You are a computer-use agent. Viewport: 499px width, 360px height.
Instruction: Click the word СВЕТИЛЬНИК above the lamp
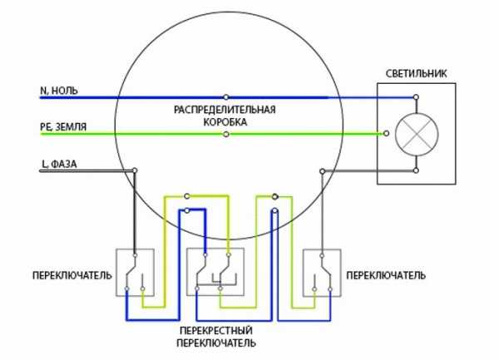coord(415,73)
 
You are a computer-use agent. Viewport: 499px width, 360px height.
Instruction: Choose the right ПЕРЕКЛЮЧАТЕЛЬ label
coord(386,273)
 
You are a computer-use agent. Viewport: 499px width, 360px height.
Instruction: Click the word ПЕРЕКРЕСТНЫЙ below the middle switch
coord(215,329)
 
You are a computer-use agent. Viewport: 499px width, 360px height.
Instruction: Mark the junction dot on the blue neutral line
coord(225,96)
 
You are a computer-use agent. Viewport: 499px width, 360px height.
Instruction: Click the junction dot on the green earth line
coord(225,134)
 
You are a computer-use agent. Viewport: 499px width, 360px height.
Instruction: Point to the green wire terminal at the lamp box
coord(385,133)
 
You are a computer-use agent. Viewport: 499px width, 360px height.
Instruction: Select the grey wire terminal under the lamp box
coord(416,171)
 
